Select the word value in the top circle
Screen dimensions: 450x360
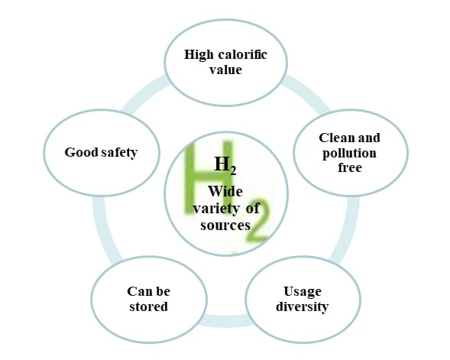pos(225,70)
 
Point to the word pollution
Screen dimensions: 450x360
pos(349,154)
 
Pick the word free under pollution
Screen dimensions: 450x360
pos(350,167)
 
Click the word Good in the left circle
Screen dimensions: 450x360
pos(81,152)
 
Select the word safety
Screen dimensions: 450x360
pos(119,153)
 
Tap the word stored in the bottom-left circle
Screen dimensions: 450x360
pos(148,306)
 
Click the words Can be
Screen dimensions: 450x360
pos(149,291)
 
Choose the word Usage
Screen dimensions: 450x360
pos(303,292)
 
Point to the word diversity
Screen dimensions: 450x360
pos(303,306)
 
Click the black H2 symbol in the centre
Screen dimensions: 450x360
pos(225,165)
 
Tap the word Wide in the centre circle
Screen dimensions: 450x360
pos(225,191)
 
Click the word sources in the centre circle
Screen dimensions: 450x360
pos(225,225)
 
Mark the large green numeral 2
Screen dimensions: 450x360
pos(256,220)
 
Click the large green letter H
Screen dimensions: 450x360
pos(209,178)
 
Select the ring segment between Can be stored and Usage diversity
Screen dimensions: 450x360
pos(226,321)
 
